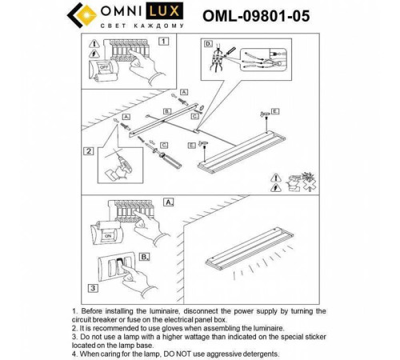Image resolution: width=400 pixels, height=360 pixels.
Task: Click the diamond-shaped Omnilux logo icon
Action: coord(78,15)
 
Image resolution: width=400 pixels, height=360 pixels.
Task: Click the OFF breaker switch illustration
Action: coord(102,70)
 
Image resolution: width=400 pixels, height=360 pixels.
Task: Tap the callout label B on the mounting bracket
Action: coord(166,110)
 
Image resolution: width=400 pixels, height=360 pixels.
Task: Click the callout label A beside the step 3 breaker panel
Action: coord(168,203)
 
